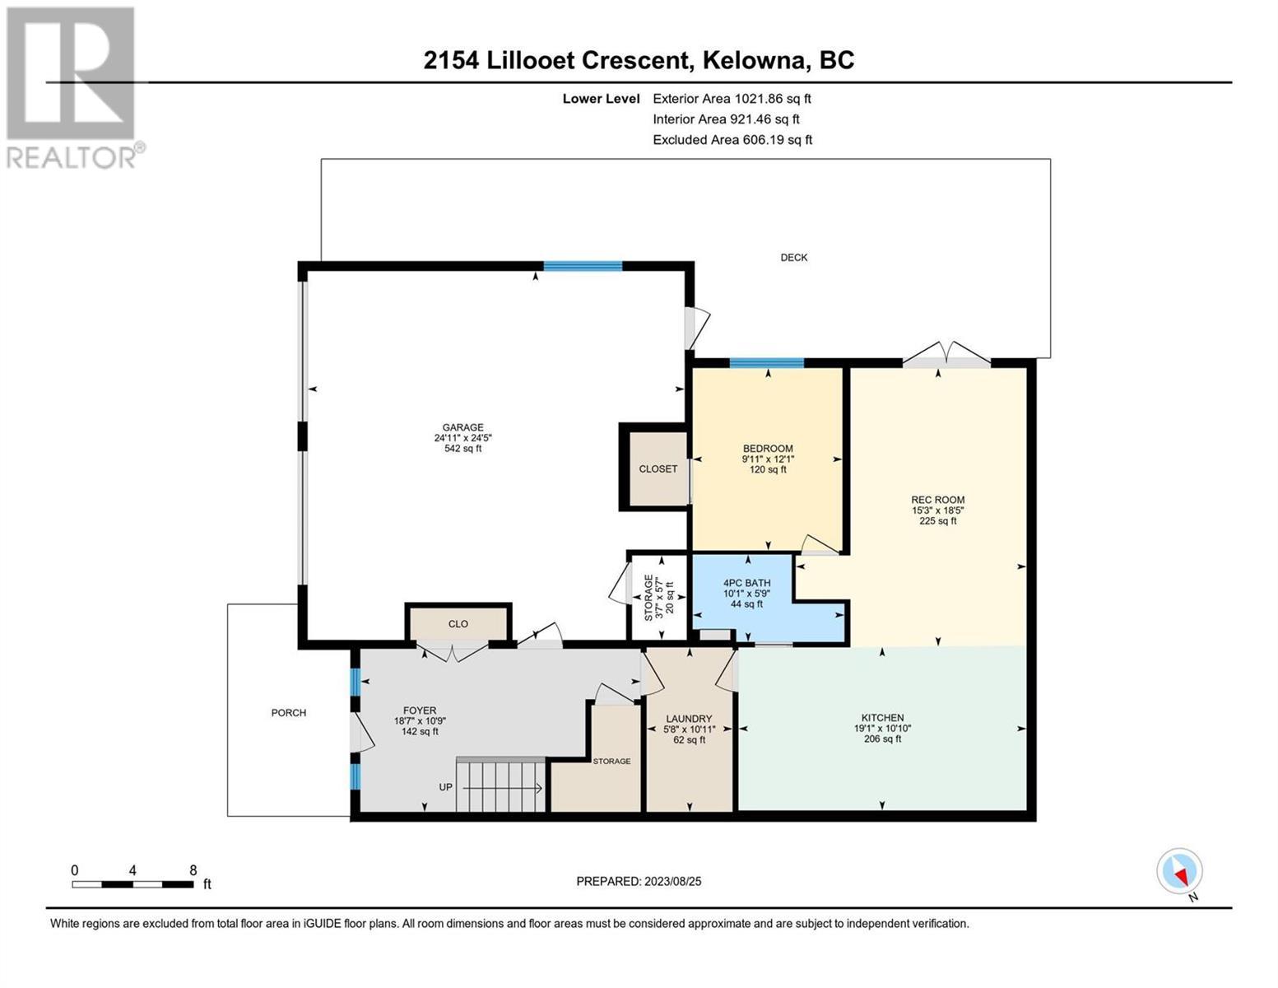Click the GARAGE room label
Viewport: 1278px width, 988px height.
pyautogui.click(x=462, y=427)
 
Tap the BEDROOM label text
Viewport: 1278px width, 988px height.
pyautogui.click(x=768, y=449)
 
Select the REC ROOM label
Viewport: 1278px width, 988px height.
pyautogui.click(x=937, y=500)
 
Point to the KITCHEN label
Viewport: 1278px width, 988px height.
pyautogui.click(x=882, y=717)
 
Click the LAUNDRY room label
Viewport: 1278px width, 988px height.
pyautogui.click(x=689, y=719)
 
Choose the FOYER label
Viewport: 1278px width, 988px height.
pyautogui.click(x=420, y=711)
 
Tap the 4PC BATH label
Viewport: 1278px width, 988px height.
pyautogui.click(x=746, y=583)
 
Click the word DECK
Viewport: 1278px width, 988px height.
pyautogui.click(x=793, y=257)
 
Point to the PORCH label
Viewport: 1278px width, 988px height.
pyautogui.click(x=288, y=713)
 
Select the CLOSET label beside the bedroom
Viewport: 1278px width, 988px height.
pyautogui.click(x=658, y=469)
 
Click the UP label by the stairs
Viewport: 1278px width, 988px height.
pyautogui.click(x=445, y=787)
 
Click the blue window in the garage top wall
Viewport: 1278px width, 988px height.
pyautogui.click(x=583, y=266)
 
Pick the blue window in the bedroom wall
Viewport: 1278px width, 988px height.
pyautogui.click(x=766, y=362)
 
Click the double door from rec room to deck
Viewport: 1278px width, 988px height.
pyautogui.click(x=946, y=355)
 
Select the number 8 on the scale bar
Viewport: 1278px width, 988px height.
pyautogui.click(x=193, y=870)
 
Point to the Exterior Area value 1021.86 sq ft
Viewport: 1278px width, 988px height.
pyautogui.click(x=773, y=99)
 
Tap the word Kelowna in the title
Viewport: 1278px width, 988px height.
pyautogui.click(x=754, y=61)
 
